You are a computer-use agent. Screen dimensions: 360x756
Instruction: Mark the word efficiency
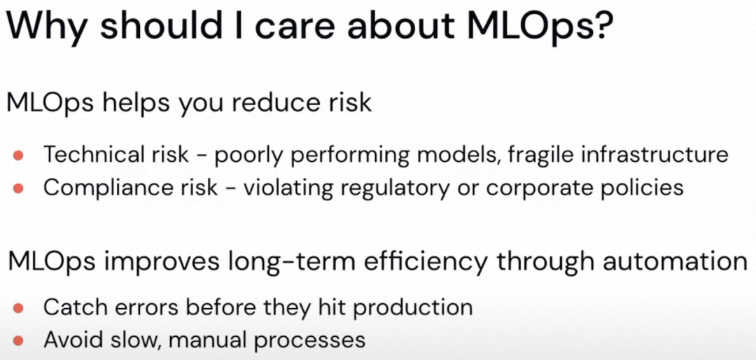(431, 261)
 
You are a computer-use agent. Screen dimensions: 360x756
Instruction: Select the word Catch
(70, 307)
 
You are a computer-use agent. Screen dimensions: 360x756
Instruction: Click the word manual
(208, 340)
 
